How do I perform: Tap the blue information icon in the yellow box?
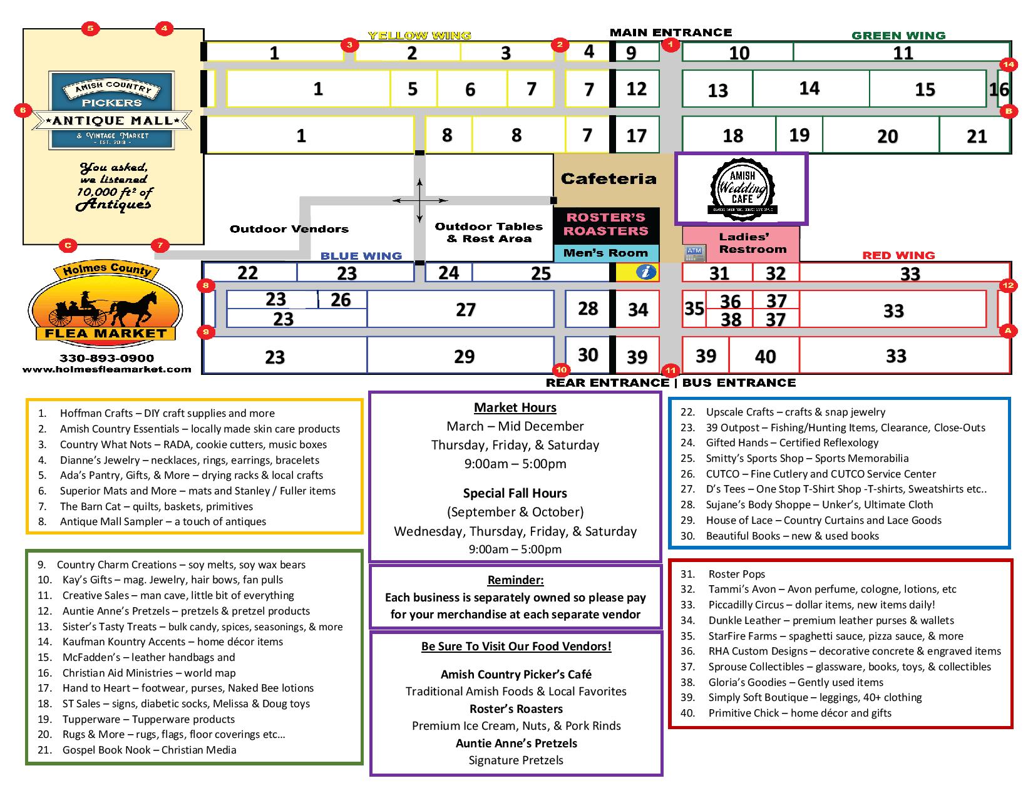(646, 272)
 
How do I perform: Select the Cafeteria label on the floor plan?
(608, 179)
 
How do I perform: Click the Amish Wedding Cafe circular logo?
(742, 188)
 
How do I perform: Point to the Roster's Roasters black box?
(605, 225)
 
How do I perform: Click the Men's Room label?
(605, 253)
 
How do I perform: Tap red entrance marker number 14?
(1008, 64)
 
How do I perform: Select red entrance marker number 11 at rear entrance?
(671, 369)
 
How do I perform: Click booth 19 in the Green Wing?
(799, 135)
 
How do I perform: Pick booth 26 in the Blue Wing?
(341, 300)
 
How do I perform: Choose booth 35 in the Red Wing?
(694, 309)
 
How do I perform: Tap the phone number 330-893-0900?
(106, 358)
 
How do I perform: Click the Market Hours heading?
(515, 407)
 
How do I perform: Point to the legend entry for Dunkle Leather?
(831, 620)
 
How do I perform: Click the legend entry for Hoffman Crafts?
(167, 413)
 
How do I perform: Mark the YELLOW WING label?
(419, 36)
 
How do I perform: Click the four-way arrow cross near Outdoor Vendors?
(419, 201)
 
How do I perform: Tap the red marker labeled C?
(68, 245)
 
